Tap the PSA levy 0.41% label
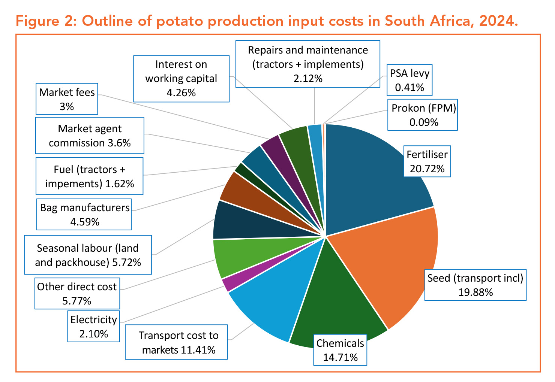tap(409, 80)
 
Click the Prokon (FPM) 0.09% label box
tap(423, 115)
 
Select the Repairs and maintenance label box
tap(308, 64)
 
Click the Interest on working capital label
tap(181, 79)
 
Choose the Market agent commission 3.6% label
tap(90, 136)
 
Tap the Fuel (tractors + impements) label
tap(90, 176)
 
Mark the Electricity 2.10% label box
tap(94, 326)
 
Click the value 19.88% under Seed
tap(475, 292)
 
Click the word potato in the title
tap(179, 21)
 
